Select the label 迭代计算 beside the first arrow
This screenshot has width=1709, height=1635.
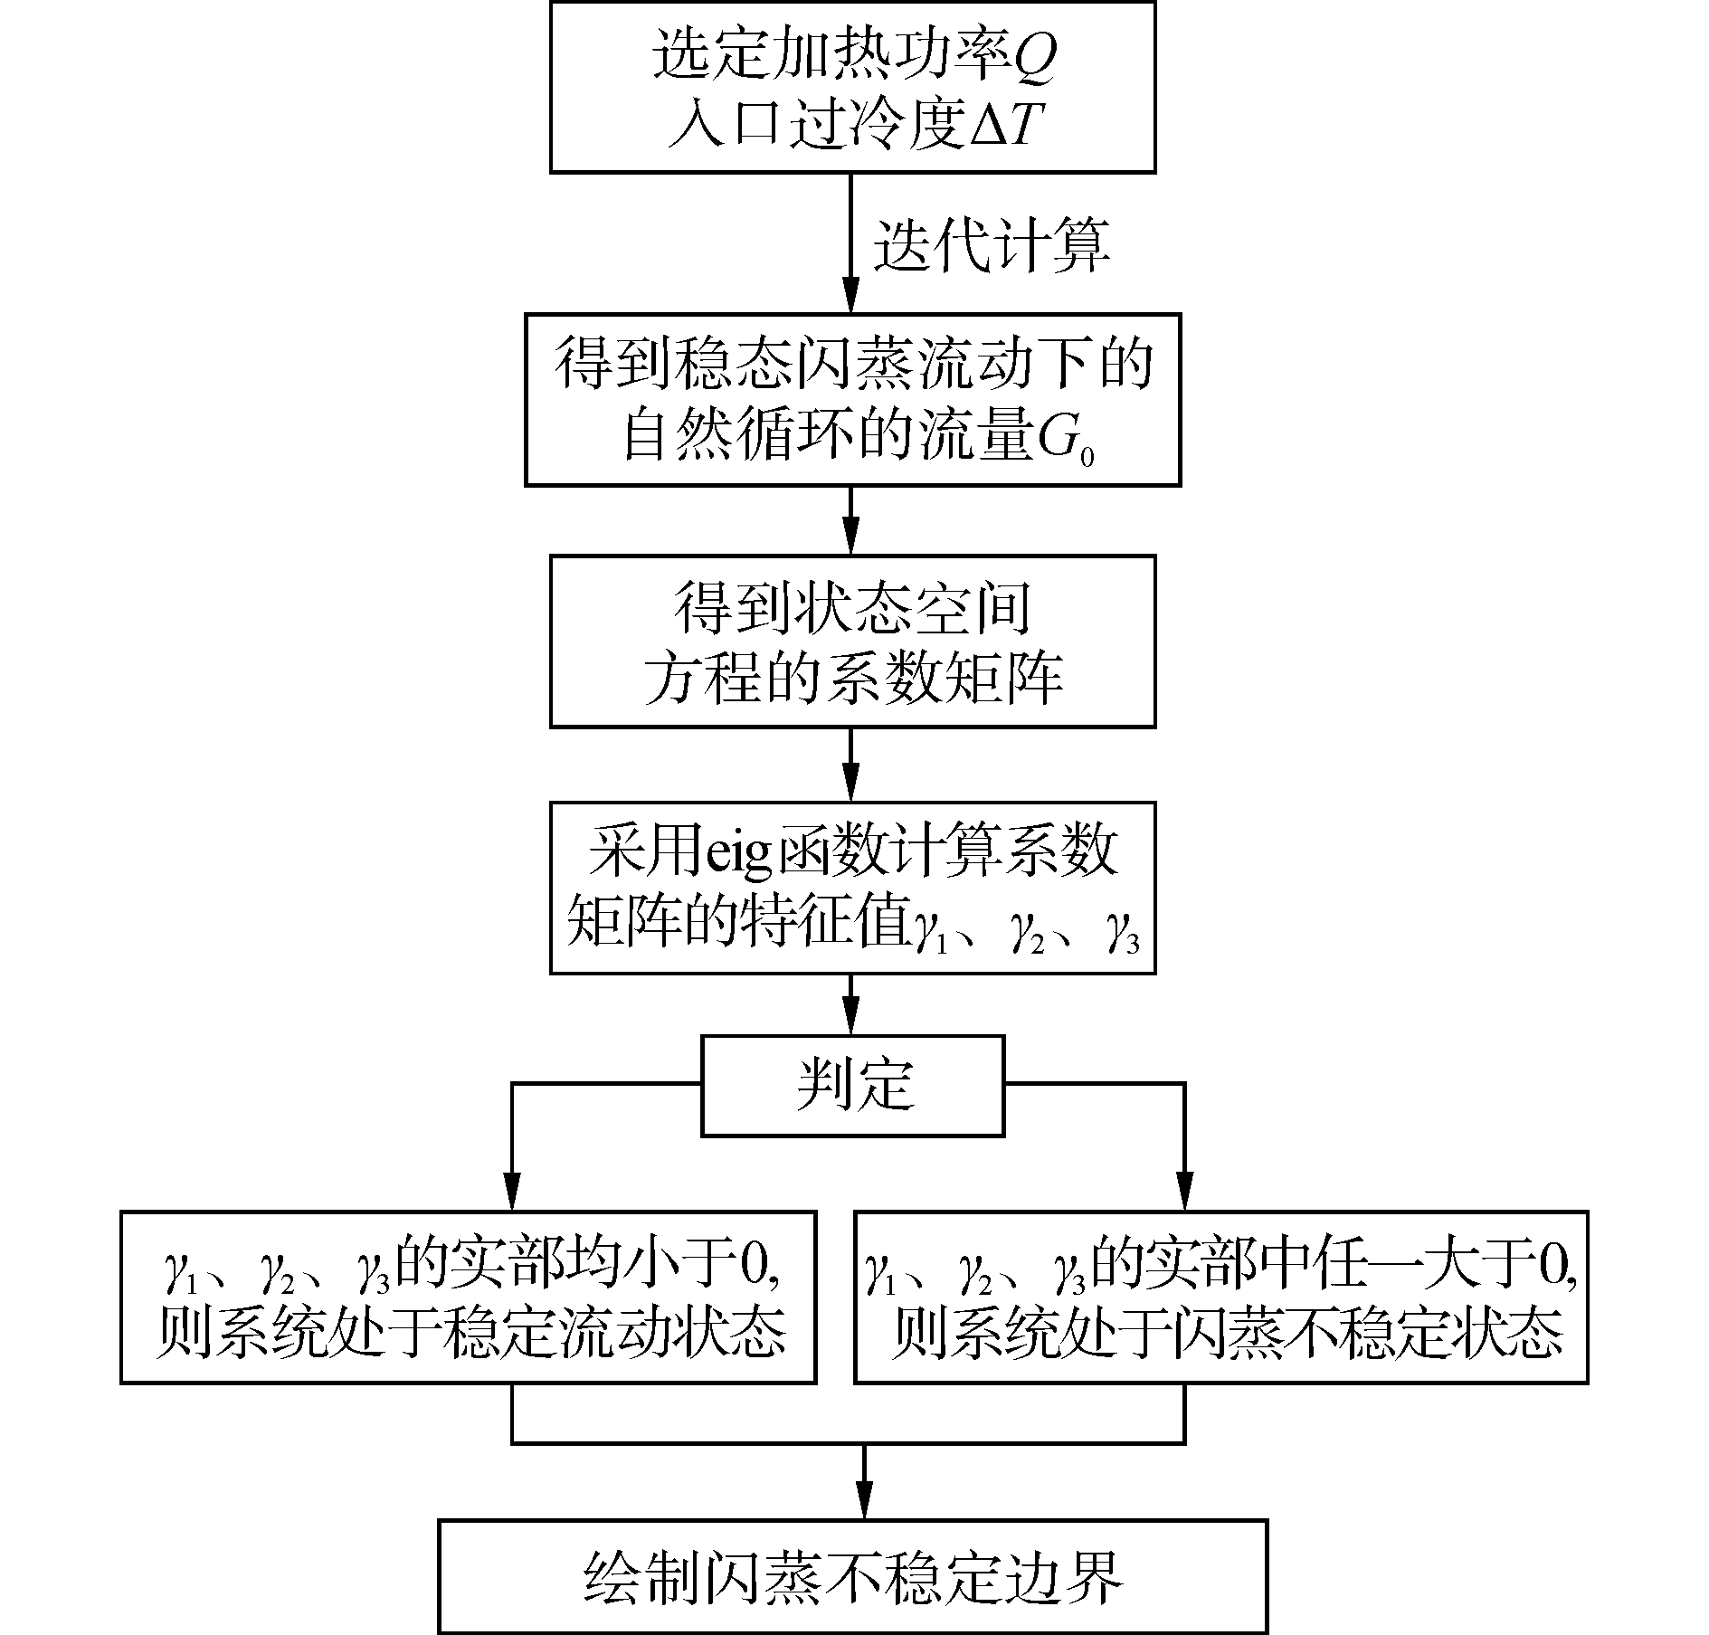(x=992, y=244)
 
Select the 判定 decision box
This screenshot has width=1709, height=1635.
(x=853, y=1086)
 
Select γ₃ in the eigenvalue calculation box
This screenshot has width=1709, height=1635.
(x=1120, y=933)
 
